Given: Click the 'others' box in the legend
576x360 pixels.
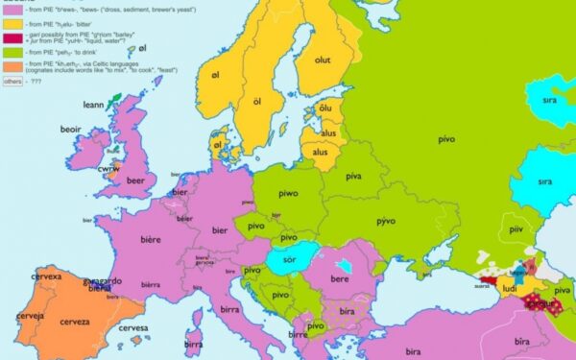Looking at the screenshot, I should point(12,82).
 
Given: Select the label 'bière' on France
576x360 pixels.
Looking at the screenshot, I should point(151,238).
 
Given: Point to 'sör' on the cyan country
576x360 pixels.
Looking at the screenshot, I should point(286,259).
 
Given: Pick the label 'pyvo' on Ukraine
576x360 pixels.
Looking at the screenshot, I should point(386,222).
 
